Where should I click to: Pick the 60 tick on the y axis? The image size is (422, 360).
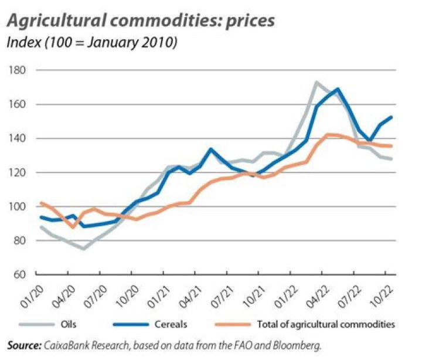[x=19, y=274]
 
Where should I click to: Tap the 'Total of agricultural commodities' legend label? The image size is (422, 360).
[x=326, y=324]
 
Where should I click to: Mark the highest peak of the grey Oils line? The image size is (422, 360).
[x=317, y=82]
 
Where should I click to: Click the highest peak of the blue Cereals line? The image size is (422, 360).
[x=338, y=89]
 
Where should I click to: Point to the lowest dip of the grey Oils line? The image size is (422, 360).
[x=84, y=249]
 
